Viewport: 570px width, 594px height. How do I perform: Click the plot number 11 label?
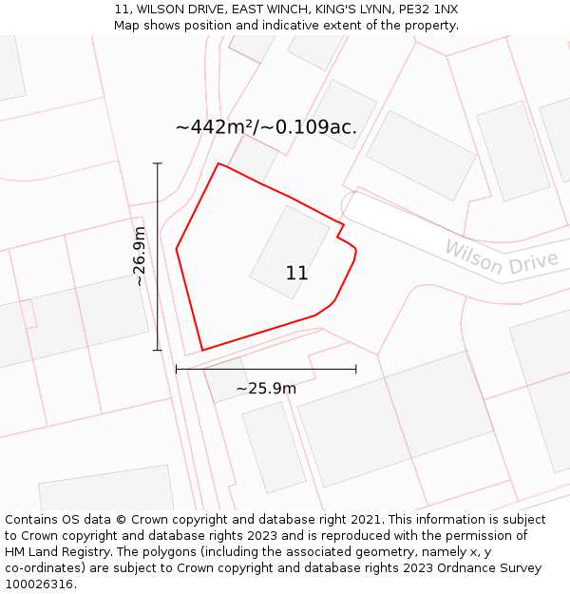point(296,274)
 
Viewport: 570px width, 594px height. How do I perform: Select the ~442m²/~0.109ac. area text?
point(266,127)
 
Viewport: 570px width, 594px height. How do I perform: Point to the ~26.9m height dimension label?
point(140,256)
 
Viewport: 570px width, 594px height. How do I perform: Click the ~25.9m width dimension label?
point(266,388)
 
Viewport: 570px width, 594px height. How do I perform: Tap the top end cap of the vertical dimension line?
point(158,163)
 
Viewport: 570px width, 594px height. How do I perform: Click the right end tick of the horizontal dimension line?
point(355,369)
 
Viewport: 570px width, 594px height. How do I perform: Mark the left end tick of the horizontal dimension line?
point(177,369)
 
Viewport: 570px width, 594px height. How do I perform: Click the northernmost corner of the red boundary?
point(218,163)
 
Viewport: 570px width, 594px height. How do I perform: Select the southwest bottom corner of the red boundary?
point(202,350)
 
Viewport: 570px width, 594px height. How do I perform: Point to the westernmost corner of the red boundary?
point(177,249)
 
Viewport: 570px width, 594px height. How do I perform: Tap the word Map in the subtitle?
point(127,26)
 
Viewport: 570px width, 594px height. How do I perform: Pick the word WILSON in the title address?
point(167,10)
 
